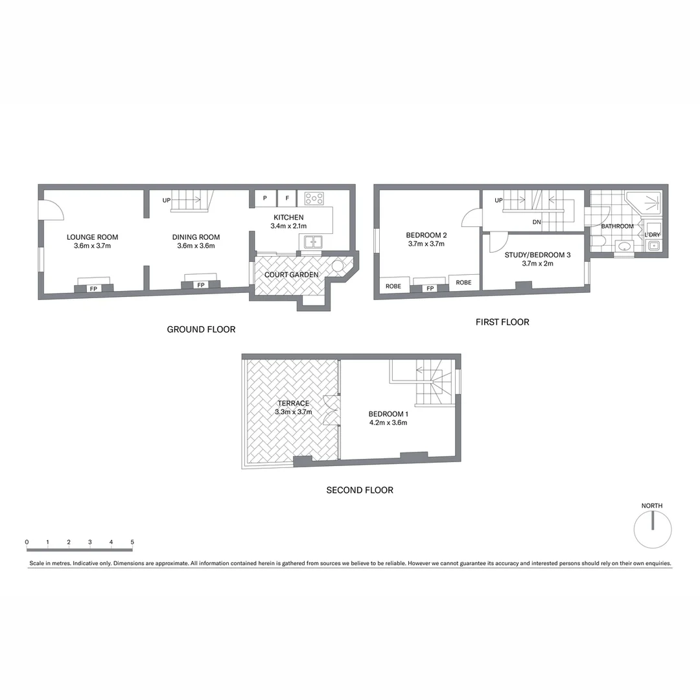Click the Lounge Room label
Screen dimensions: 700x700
92,237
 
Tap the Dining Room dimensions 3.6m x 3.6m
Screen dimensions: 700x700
196,246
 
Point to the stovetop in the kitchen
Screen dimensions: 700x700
314,198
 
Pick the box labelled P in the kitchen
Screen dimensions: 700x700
265,198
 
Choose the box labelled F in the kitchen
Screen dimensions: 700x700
287,198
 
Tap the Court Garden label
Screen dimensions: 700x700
291,275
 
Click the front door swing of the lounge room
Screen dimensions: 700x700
51,210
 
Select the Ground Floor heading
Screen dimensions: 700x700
201,329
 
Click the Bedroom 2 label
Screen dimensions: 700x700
426,235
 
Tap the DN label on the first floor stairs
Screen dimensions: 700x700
537,222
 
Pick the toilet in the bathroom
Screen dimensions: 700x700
598,242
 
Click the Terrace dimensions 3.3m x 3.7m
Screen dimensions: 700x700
294,412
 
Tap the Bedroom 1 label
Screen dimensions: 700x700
388,414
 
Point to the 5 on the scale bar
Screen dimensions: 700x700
132,542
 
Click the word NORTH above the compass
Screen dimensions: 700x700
652,506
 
